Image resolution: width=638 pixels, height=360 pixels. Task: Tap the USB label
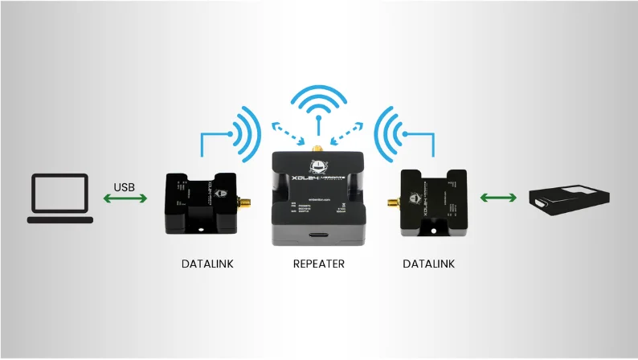pos(125,188)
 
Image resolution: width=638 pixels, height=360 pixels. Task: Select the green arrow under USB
pos(125,198)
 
